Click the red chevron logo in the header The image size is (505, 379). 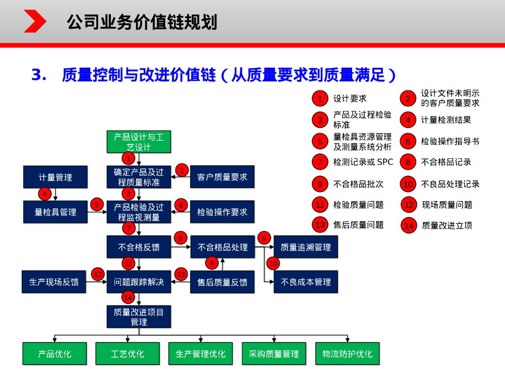tap(35, 21)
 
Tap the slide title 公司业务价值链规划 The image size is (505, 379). tap(142, 22)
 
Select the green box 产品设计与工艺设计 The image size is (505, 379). tap(139, 142)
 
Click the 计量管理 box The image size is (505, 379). tap(55, 177)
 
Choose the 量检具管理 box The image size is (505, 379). tap(55, 212)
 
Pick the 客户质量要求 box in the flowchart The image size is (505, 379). tap(222, 177)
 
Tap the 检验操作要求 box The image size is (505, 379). tap(222, 212)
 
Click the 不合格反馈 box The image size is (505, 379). tap(139, 247)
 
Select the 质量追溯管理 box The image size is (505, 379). tap(306, 247)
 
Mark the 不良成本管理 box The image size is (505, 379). tap(306, 282)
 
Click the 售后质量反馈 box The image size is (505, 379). tap(222, 282)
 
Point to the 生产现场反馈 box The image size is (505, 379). tap(54, 282)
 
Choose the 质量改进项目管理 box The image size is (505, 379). tap(139, 317)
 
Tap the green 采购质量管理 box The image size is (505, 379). tap(274, 354)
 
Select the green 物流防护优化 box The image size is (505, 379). tap(347, 354)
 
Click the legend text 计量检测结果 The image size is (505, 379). tap(446, 119)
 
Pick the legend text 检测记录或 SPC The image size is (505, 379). tap(363, 162)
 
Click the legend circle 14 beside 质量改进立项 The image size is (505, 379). tap(408, 226)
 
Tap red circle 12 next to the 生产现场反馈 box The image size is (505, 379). tap(98, 274)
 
